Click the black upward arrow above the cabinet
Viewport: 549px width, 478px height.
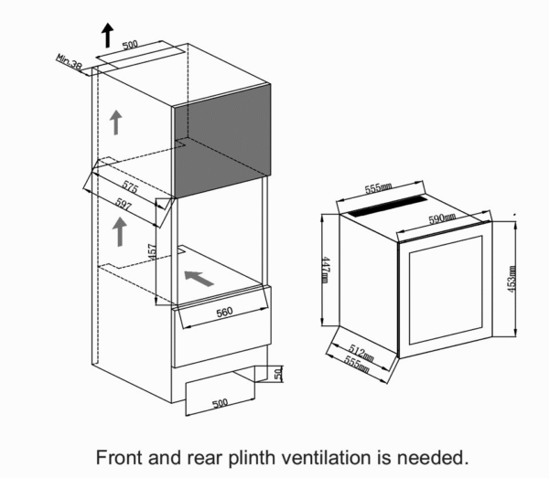point(107,35)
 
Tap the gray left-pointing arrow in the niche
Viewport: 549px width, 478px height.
point(199,276)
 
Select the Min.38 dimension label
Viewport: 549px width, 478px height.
point(70,62)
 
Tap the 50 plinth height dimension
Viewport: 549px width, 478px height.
point(277,373)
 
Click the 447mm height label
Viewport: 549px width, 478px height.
point(325,271)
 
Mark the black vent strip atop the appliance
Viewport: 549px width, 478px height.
point(384,208)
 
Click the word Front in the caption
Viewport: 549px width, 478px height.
point(122,456)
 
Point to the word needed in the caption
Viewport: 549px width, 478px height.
point(439,456)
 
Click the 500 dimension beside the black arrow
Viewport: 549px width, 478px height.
point(129,44)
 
